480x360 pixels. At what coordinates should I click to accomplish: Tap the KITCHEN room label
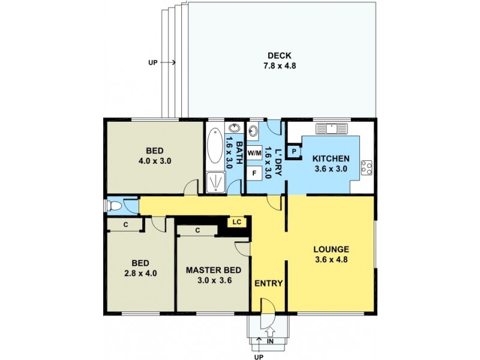[x=331, y=158]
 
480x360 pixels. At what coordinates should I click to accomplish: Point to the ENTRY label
[x=268, y=284]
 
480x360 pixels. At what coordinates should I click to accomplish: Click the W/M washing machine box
[x=254, y=153]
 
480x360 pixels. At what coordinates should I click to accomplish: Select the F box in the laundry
[x=254, y=173]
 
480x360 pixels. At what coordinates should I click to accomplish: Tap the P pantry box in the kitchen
[x=294, y=152]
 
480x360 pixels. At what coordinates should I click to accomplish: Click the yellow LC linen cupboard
[x=236, y=222]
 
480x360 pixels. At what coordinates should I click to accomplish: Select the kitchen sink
[x=331, y=128]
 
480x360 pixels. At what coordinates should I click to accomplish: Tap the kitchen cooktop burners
[x=367, y=166]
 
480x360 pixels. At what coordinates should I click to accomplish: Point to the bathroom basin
[x=232, y=130]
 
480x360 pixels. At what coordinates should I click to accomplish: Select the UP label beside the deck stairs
[x=153, y=62]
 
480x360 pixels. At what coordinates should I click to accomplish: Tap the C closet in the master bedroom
[x=197, y=230]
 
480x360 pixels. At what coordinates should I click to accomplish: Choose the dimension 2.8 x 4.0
[x=140, y=274]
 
